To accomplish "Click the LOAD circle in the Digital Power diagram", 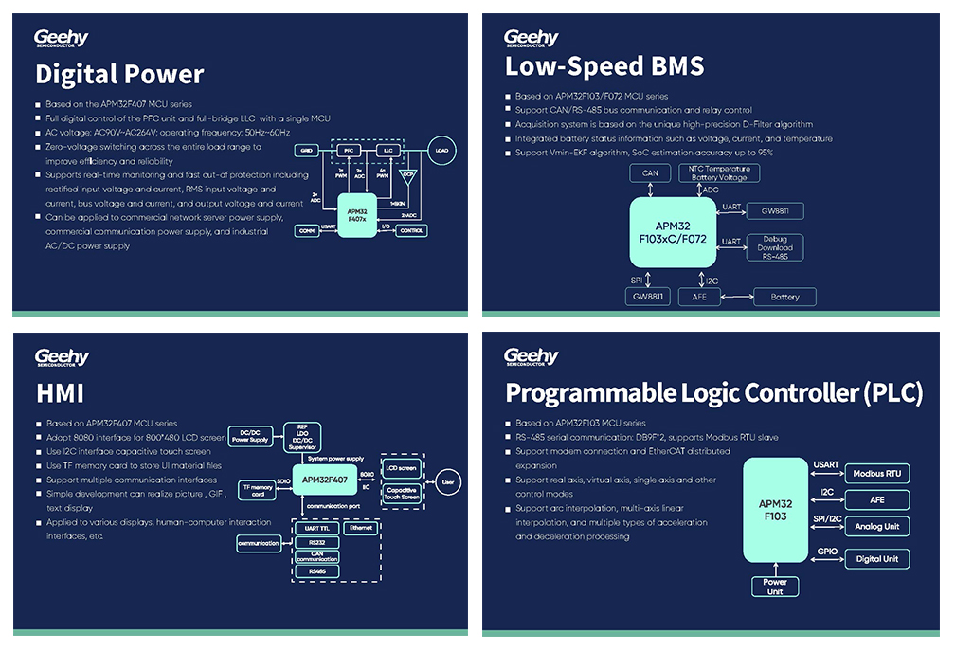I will pos(441,151).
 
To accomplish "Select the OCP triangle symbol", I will pos(408,176).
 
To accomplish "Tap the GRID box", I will pos(305,151).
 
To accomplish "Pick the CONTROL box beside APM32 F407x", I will pos(411,230).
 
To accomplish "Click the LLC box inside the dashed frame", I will pos(387,151).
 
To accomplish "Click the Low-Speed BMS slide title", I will pos(604,66).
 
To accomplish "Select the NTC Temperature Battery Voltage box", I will pos(719,173).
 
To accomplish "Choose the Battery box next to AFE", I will pos(784,297).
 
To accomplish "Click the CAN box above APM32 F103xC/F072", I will pos(650,173).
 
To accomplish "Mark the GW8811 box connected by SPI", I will pos(649,297).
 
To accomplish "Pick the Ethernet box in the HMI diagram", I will pos(359,528).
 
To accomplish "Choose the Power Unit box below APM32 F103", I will pos(775,587).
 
